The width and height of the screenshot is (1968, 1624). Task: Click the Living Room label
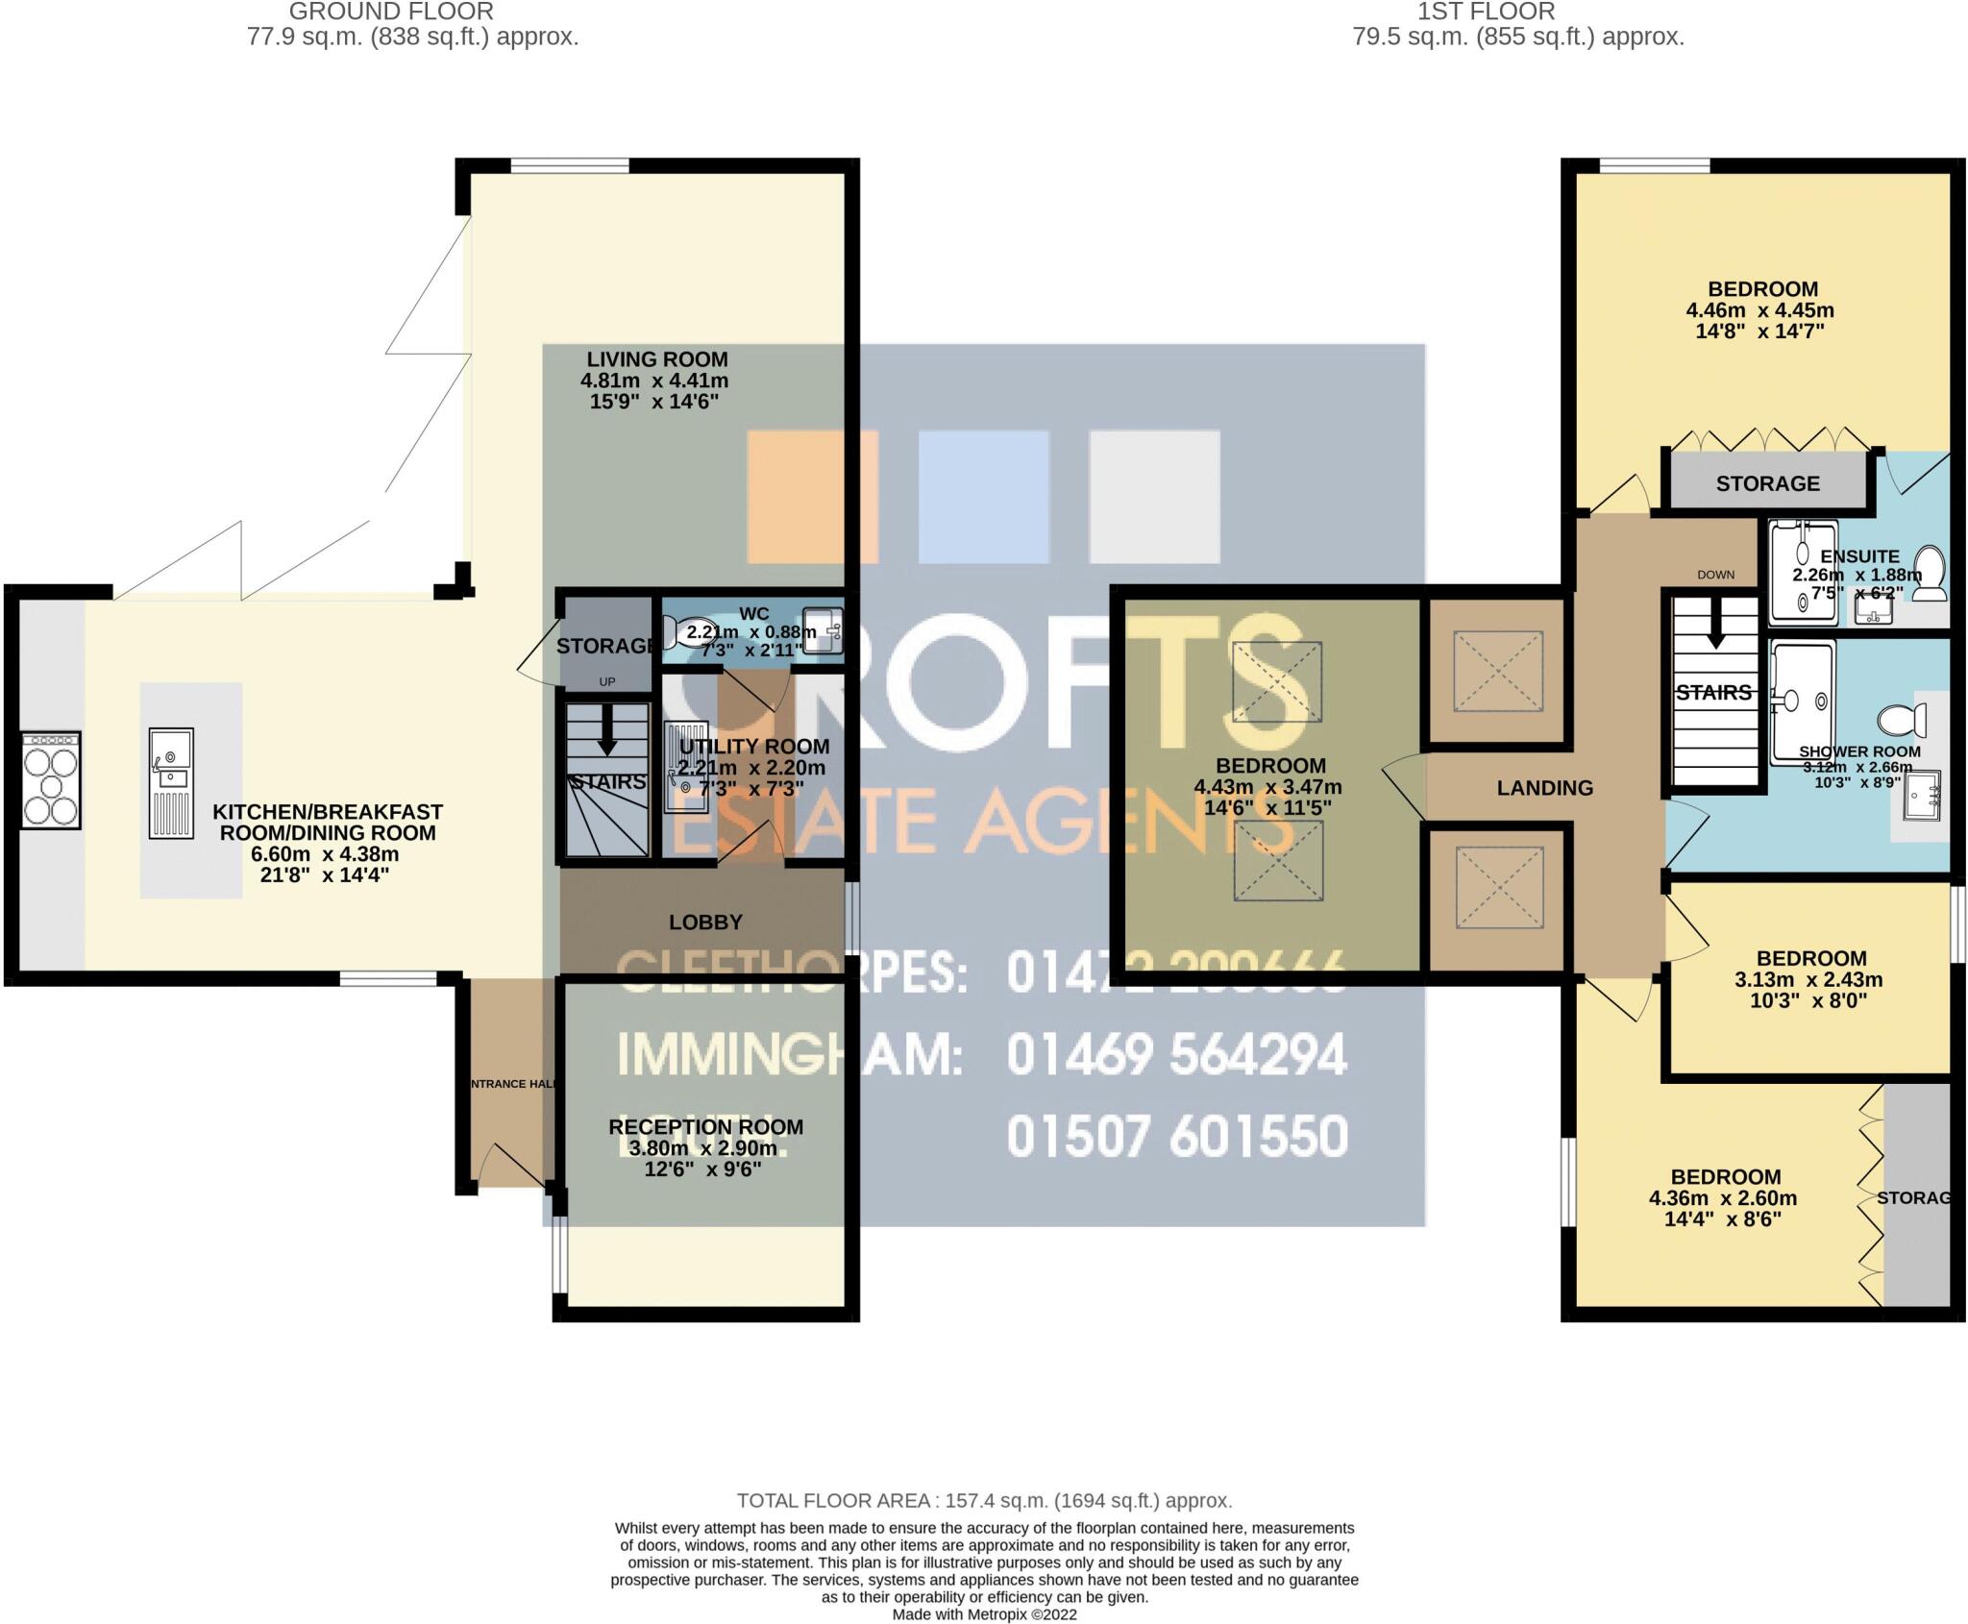(657, 359)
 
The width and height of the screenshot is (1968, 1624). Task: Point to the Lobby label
(705, 922)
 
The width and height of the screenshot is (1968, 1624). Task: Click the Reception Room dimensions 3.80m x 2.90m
(703, 1148)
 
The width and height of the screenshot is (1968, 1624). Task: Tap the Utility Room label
(754, 747)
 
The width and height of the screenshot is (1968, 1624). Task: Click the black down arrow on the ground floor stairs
(606, 734)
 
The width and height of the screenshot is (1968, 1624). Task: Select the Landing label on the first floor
(1544, 788)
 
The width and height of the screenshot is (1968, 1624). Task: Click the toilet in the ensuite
(1930, 573)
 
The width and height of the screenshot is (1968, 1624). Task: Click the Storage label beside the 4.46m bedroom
(1767, 483)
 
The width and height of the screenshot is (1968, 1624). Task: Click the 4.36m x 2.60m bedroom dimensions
(1722, 1198)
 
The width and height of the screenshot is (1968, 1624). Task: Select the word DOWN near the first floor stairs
(1715, 575)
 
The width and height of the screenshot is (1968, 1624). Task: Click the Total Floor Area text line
(984, 1500)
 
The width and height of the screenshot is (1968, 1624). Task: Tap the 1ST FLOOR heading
(1486, 12)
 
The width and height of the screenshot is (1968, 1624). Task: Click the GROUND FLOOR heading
(391, 12)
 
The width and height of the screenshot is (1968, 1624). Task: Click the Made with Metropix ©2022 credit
(984, 1614)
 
